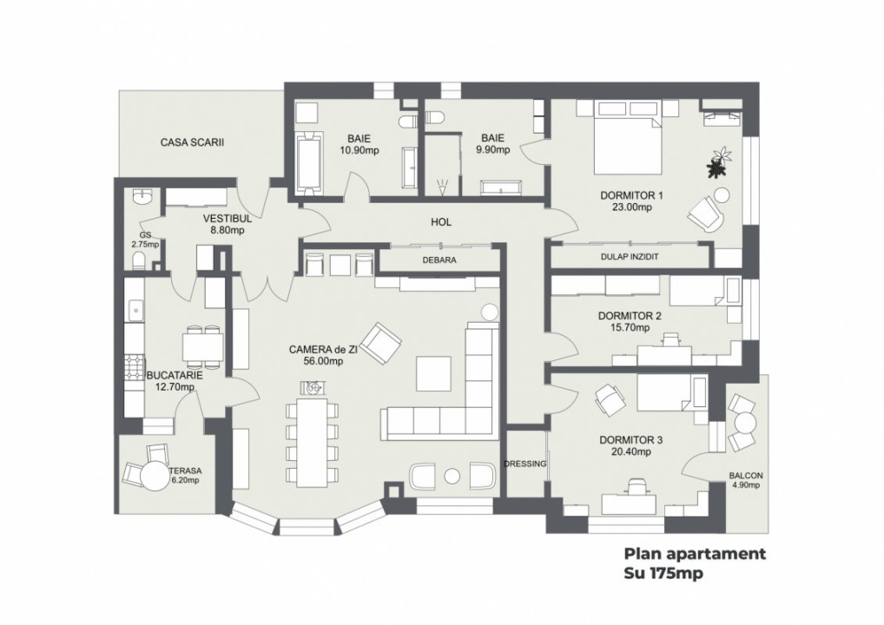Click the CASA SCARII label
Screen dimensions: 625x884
pos(192,141)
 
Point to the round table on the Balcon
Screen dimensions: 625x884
pos(745,424)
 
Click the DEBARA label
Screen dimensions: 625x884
pos(439,260)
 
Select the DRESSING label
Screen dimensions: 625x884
pos(525,464)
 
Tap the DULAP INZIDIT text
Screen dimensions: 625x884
pos(630,257)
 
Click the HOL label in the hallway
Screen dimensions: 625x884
pos(441,222)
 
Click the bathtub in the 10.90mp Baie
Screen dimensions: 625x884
pos(309,162)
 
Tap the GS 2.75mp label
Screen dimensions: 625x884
pos(145,240)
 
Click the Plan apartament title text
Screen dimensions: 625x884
pos(695,555)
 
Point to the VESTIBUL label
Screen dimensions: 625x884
pos(227,219)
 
